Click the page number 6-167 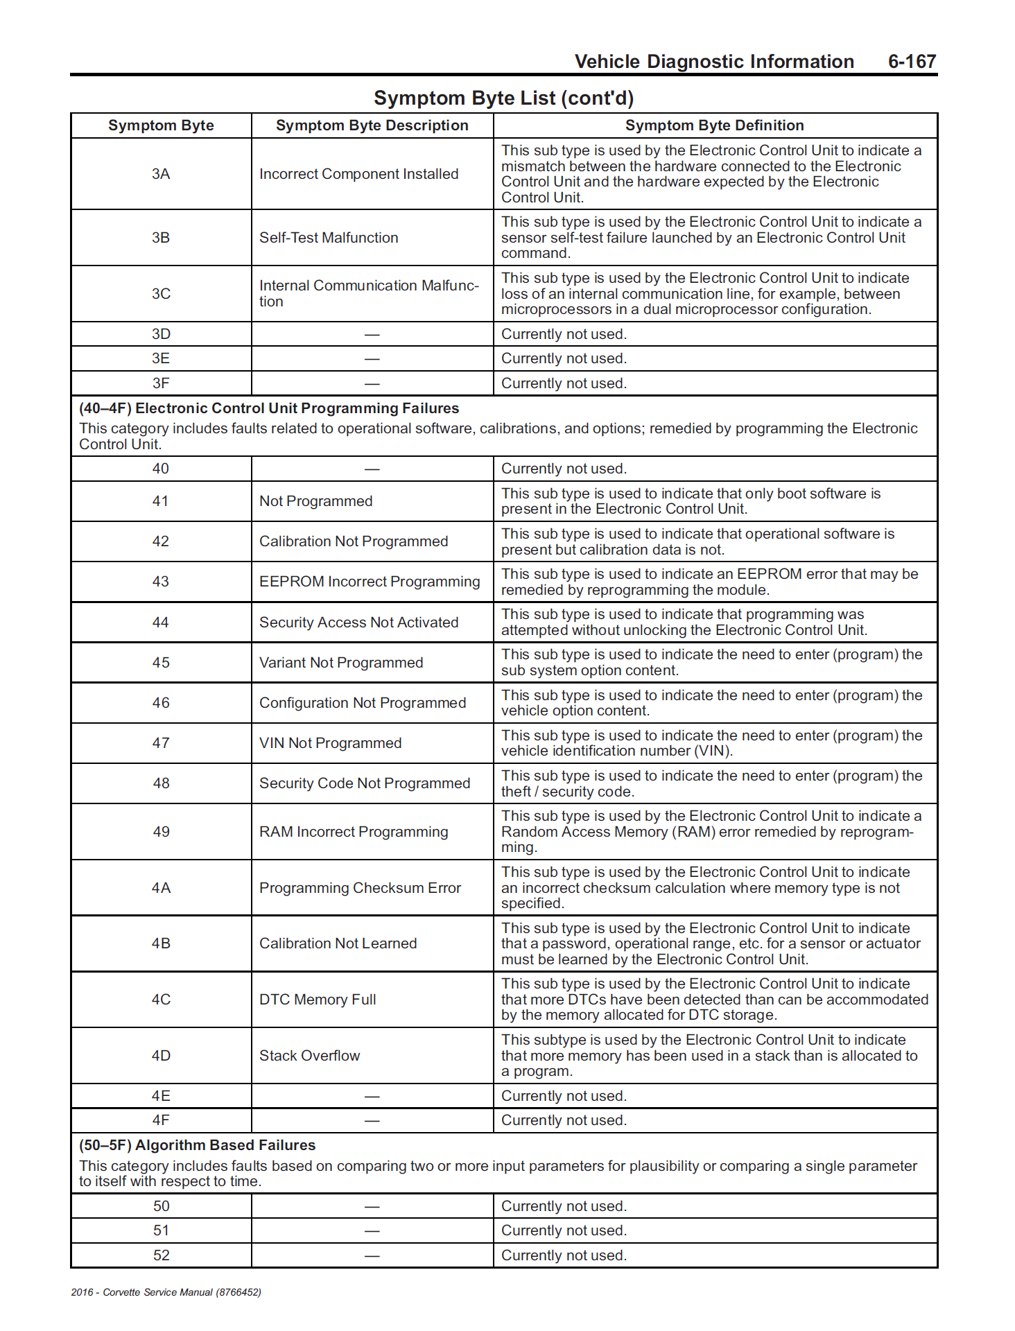[911, 62]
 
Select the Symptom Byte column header [161, 125]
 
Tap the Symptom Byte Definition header [714, 125]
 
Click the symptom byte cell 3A [161, 174]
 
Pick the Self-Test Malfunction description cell [329, 238]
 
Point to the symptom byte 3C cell [161, 294]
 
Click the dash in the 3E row [372, 359]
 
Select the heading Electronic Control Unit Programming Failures [269, 408]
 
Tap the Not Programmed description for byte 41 [315, 501]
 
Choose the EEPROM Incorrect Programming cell [370, 582]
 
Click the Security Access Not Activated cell [358, 623]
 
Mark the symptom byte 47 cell [161, 743]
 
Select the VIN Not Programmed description [330, 743]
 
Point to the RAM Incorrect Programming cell [354, 832]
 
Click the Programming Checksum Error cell [360, 888]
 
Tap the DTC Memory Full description [318, 1000]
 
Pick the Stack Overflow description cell [309, 1056]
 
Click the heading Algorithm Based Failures [198, 1145]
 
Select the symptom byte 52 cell [161, 1255]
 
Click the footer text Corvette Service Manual [166, 1292]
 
